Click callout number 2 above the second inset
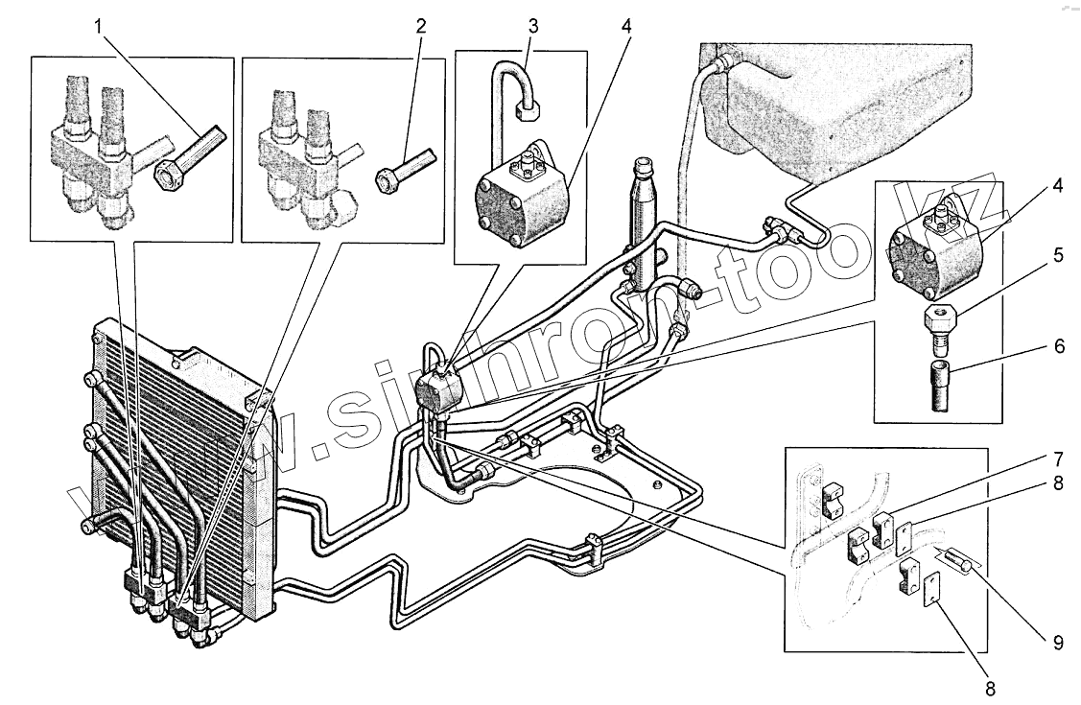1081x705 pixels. pos(421,25)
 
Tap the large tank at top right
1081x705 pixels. pos(844,106)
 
